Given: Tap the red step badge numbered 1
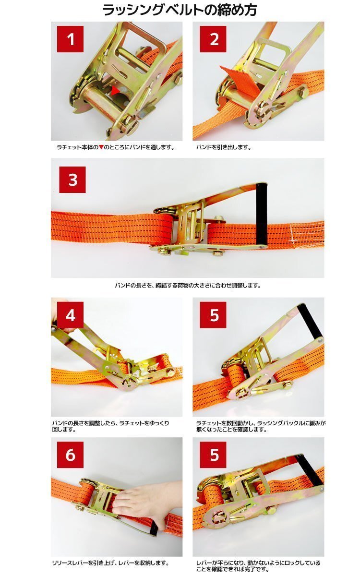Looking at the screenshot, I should pyautogui.click(x=71, y=39).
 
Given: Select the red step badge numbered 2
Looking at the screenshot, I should pyautogui.click(x=213, y=39).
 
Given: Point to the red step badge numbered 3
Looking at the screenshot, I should pyautogui.click(x=72, y=180).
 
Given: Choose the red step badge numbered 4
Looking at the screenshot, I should pyautogui.click(x=71, y=315).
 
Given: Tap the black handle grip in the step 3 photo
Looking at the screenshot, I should pyautogui.click(x=262, y=214).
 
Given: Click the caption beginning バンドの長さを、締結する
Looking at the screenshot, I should pyautogui.click(x=188, y=285).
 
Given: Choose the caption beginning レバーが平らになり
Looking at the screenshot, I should pyautogui.click(x=258, y=565).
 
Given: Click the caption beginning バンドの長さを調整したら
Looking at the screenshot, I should pyautogui.click(x=110, y=426).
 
